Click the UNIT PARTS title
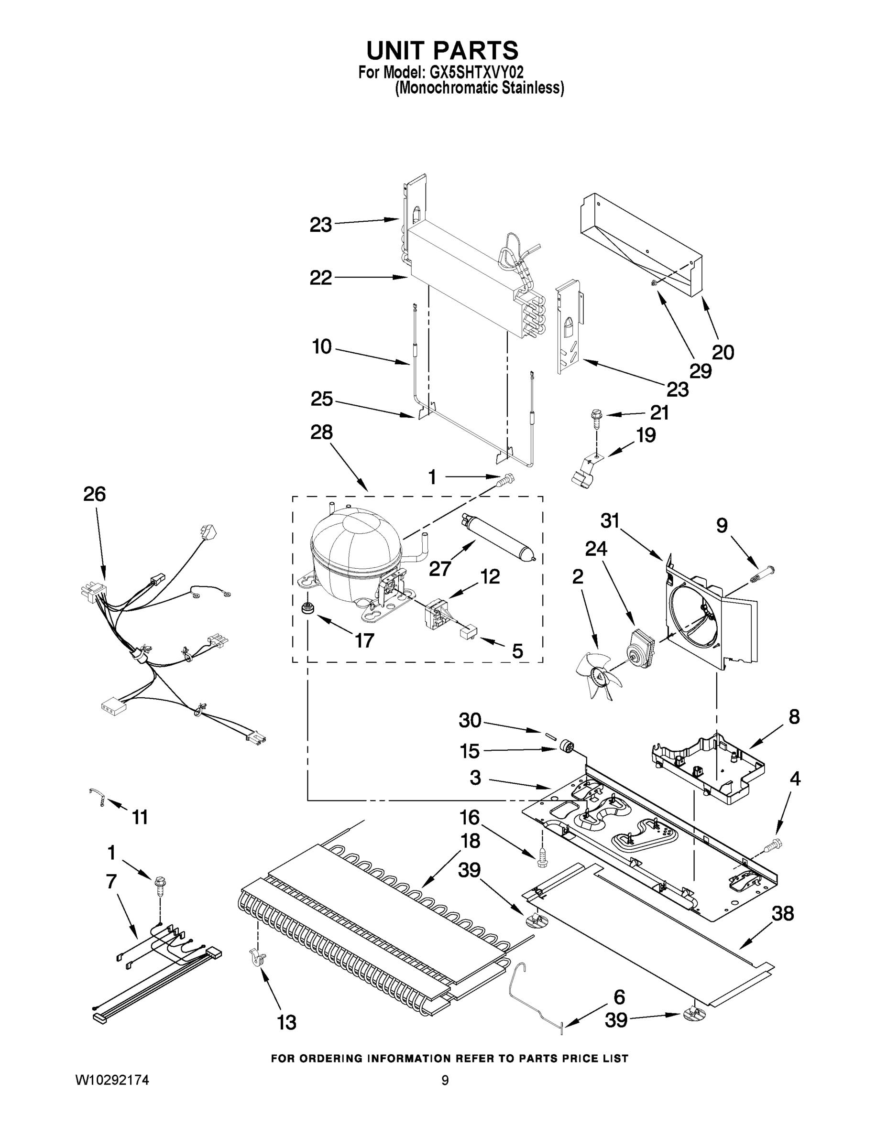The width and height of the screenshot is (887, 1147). coord(442,51)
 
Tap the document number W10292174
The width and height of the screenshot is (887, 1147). coord(112,1094)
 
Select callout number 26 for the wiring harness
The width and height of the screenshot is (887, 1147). coord(95,494)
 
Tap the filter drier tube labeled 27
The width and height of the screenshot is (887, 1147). coord(496,542)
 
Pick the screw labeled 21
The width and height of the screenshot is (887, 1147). coord(596,415)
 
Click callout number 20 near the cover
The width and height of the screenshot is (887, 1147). coord(723,352)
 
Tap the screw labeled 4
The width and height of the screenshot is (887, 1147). coord(773,845)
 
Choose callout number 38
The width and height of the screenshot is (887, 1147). coord(782,913)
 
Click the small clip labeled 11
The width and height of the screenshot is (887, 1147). coord(97,797)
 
